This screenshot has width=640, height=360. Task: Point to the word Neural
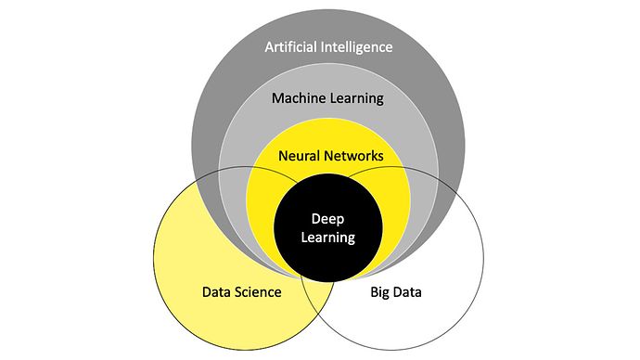pyautogui.click(x=298, y=155)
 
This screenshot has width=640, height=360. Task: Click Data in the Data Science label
pyautogui.click(x=216, y=293)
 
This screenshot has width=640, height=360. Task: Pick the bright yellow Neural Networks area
pyautogui.click(x=269, y=186)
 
